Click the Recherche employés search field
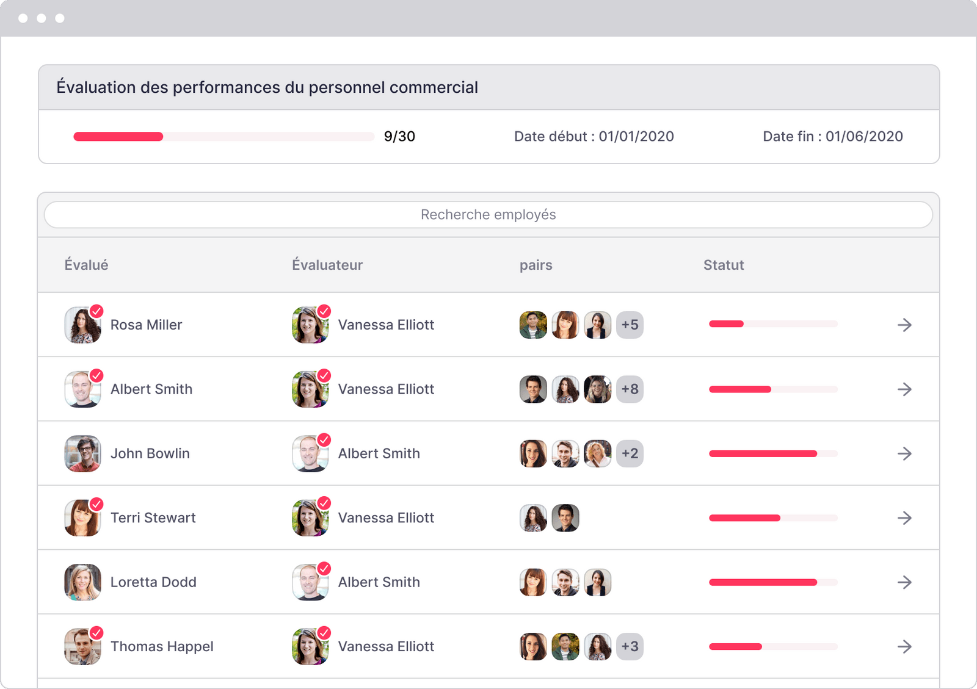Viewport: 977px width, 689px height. [x=488, y=215]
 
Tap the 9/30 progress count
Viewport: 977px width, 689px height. [x=399, y=137]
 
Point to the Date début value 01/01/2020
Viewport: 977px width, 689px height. [x=636, y=137]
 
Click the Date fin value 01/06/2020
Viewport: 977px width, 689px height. [x=863, y=137]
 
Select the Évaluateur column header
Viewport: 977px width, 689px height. [x=327, y=265]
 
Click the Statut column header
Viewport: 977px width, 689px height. [x=723, y=265]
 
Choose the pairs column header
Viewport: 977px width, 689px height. [x=536, y=265]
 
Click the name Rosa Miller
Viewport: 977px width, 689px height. [x=146, y=325]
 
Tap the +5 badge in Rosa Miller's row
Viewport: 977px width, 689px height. [x=630, y=325]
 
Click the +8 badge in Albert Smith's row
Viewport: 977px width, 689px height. [x=630, y=389]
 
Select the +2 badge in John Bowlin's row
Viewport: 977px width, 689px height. [x=630, y=453]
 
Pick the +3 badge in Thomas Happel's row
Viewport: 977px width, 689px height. [x=630, y=646]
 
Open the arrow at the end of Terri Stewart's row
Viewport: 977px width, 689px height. [x=904, y=518]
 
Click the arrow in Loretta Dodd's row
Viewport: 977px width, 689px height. [x=904, y=582]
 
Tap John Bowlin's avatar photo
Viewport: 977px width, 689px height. [x=82, y=453]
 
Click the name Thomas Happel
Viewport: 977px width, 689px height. [x=162, y=646]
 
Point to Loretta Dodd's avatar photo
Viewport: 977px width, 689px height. [x=82, y=582]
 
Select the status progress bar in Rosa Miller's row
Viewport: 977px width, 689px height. [x=773, y=324]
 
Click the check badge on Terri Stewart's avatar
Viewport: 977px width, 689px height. [x=96, y=504]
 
